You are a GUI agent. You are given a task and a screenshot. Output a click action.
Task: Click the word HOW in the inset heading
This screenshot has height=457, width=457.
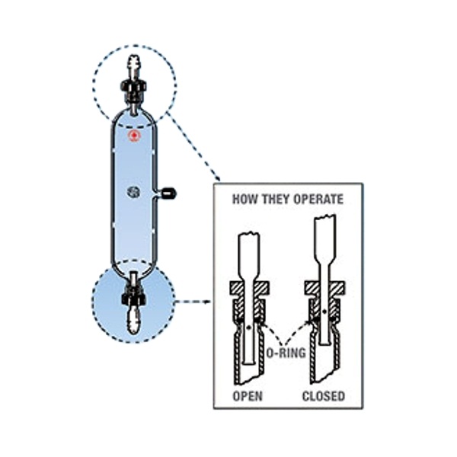pos(244,200)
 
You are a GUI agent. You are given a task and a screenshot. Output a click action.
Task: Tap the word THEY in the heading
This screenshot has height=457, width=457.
pos(275,200)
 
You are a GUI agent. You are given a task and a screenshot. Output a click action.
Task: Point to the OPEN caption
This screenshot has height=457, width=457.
pos(247,396)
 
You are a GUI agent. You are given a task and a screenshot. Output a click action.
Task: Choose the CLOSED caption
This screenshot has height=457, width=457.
pos(322,396)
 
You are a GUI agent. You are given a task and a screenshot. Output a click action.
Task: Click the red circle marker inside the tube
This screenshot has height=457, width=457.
pos(135,136)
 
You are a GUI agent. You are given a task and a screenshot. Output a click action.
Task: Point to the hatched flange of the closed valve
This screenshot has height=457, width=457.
pos(323,289)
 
